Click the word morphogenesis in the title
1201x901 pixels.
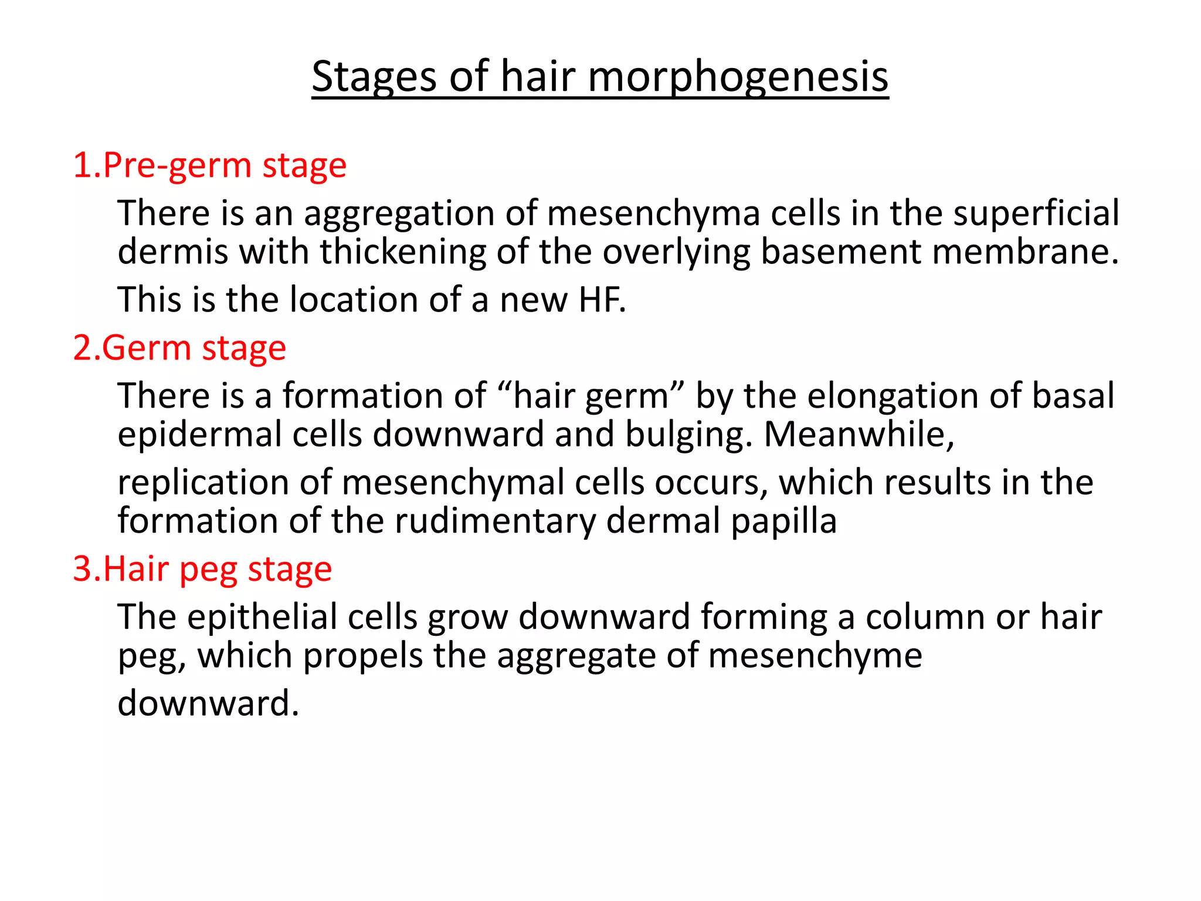738,77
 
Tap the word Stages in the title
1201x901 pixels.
374,77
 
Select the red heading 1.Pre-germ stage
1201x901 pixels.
209,165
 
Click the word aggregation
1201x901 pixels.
399,214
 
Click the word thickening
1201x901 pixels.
403,252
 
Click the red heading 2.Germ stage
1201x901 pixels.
179,348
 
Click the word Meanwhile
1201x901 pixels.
859,435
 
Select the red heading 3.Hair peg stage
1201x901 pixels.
202,569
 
